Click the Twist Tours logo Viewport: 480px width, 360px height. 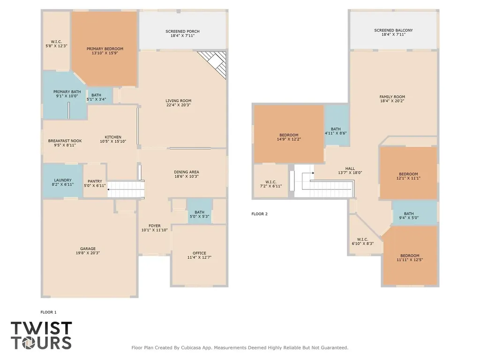coord(41,335)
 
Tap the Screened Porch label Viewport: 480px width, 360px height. coord(182,31)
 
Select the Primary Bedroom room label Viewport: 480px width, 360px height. coord(105,49)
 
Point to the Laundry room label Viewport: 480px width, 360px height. coord(63,180)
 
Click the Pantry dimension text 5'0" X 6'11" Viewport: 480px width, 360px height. coord(95,186)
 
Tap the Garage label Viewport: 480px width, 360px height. coord(88,248)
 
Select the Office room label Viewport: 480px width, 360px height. coord(199,253)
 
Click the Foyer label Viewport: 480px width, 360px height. coord(155,226)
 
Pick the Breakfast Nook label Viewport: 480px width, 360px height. coord(65,141)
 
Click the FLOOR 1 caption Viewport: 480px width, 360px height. coord(48,312)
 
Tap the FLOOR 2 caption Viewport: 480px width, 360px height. coord(260,214)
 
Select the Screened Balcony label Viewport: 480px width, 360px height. coord(393,30)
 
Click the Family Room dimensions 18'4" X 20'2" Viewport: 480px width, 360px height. coord(392,101)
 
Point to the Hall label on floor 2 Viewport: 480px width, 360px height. coord(350,168)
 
